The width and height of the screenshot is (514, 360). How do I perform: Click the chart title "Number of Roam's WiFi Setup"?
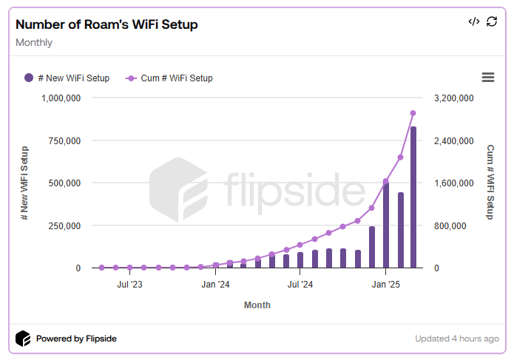[x=106, y=24]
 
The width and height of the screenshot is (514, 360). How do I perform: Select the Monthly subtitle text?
[x=34, y=42]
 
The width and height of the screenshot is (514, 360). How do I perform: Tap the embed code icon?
[x=474, y=21]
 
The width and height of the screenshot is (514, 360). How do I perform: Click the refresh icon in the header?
[x=492, y=21]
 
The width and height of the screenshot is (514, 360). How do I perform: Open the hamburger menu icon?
[x=487, y=78]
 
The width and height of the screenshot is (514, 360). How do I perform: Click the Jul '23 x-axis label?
[x=130, y=283]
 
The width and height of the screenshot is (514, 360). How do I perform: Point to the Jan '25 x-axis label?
[x=385, y=283]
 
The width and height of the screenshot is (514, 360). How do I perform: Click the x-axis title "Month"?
[x=257, y=305]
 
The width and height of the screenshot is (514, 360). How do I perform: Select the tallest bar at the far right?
[x=413, y=197]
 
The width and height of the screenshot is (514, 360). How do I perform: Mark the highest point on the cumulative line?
[x=413, y=113]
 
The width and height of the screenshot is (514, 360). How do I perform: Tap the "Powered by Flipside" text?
[x=76, y=339]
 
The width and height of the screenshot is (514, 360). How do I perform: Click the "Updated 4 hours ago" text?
[x=457, y=339]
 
